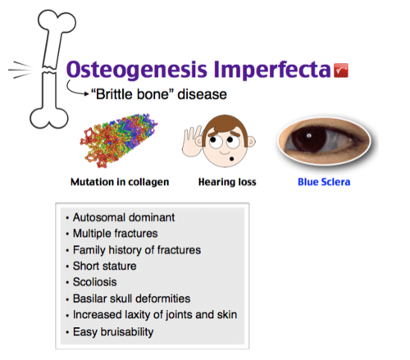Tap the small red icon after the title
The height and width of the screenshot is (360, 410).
point(343,71)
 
